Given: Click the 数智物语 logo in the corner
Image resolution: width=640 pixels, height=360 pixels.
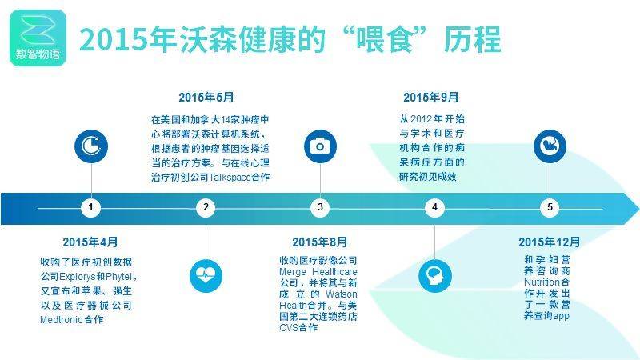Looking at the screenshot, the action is coord(38,38).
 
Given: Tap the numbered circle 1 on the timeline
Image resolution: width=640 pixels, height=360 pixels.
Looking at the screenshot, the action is coord(90,207).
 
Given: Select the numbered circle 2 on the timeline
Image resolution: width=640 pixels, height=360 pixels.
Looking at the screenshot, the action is coord(206,207).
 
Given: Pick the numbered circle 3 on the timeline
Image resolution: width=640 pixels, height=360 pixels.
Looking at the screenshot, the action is coord(320,207).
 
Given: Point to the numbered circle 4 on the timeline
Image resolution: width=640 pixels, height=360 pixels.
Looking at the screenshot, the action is coord(434,207).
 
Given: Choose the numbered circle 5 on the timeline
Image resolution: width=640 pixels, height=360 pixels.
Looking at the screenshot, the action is coord(550,207).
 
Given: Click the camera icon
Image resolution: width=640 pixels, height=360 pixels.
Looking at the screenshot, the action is coord(320,146).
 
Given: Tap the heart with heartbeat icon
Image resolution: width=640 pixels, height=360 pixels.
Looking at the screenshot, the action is coord(206,276).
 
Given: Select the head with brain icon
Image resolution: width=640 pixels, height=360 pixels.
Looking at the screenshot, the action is coord(435,276).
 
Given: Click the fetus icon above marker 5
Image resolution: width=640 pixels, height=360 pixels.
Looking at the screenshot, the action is coord(550,146).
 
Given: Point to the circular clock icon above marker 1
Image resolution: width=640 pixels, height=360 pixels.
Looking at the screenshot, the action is coord(91,146).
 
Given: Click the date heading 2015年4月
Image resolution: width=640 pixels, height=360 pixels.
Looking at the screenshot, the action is coord(90,242).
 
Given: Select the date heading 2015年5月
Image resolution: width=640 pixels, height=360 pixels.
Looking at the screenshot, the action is coord(206,97).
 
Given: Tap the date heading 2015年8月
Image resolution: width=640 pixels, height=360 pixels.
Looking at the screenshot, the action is coord(319,242).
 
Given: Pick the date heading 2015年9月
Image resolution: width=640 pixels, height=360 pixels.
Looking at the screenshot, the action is coord(431,97).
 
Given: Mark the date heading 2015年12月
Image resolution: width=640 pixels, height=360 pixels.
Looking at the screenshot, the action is coord(550,242).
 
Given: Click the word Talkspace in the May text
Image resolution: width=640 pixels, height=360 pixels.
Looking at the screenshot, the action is coord(230,178).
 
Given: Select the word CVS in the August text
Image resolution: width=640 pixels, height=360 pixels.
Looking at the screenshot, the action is coord(289,328).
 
